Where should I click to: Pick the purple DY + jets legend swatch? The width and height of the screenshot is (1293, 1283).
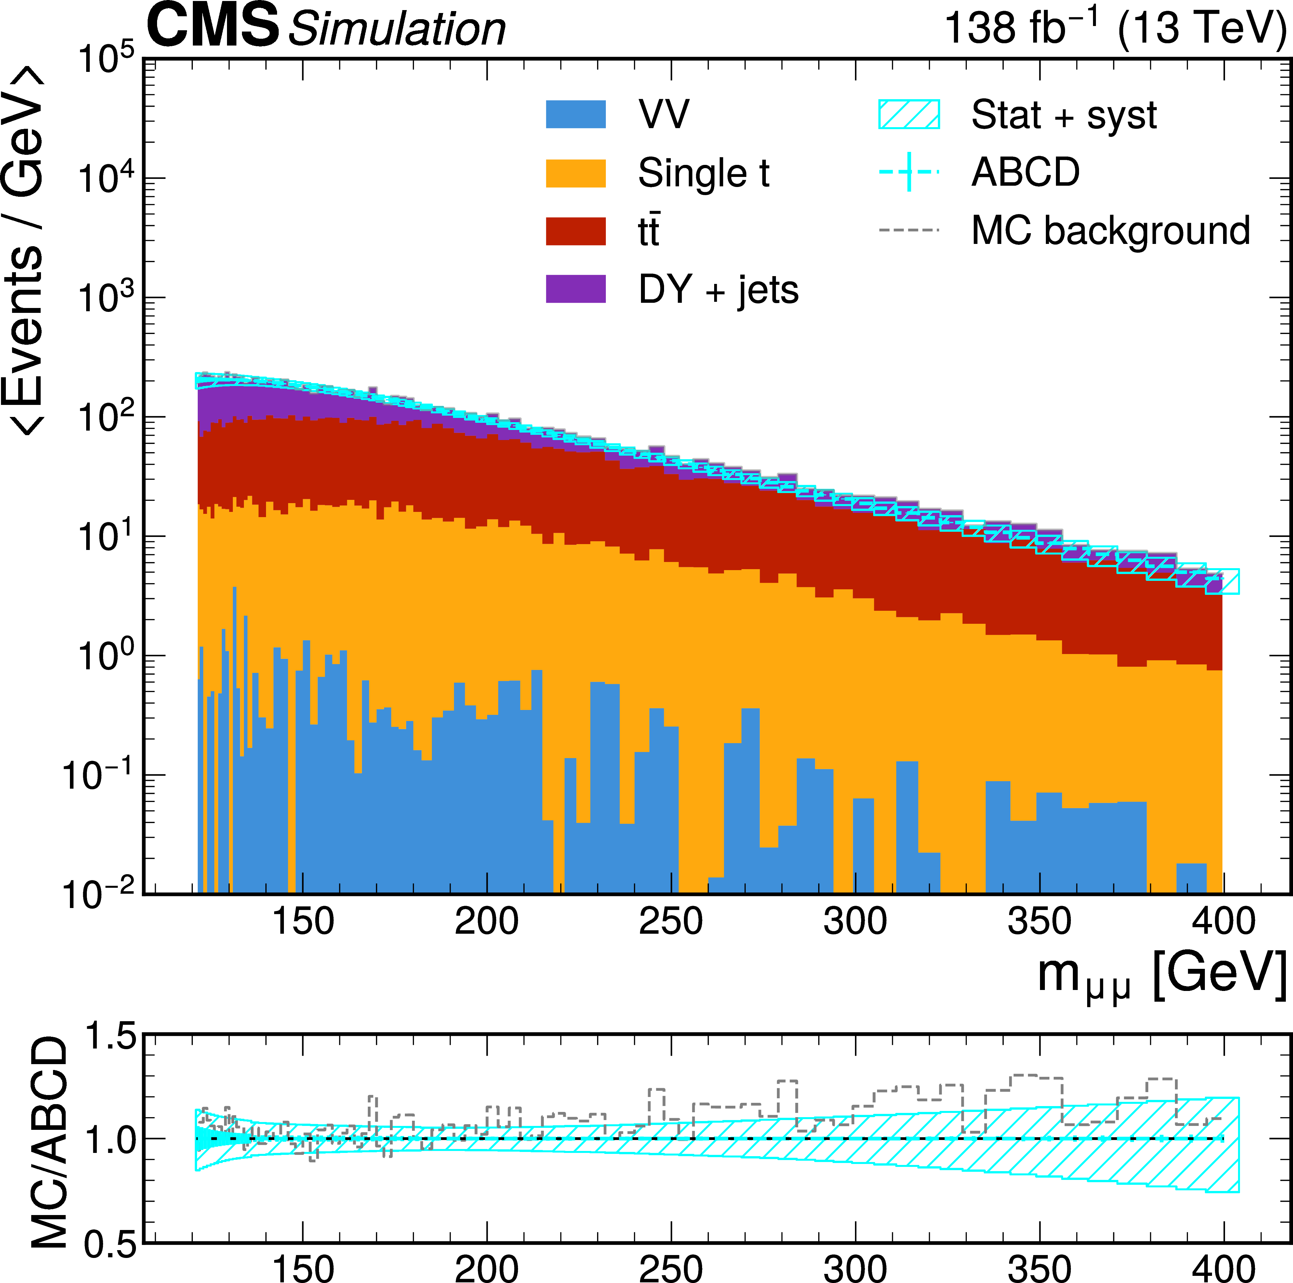[x=576, y=289]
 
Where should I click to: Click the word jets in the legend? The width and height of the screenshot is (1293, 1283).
[x=768, y=290]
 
